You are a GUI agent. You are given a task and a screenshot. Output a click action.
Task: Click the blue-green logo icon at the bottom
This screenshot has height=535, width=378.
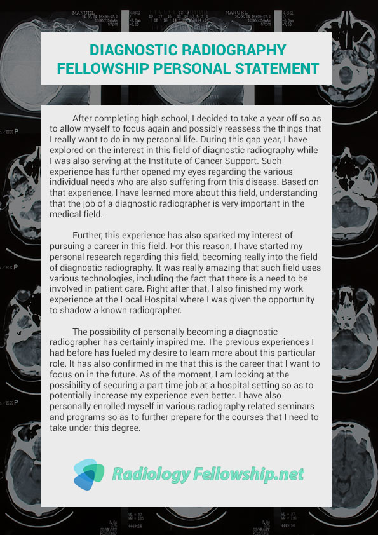click(88, 474)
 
